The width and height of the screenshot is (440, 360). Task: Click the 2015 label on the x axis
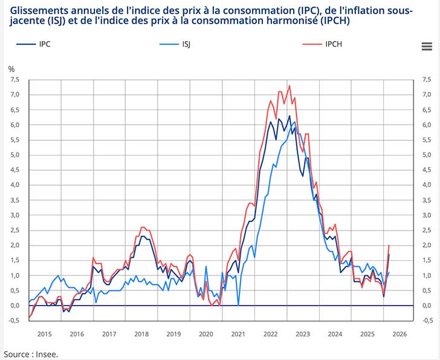pos(44,334)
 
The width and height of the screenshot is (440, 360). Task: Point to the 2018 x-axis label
pos(141,334)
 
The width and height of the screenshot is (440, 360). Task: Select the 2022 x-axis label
pos(270,334)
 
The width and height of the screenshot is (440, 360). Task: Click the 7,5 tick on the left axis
pos(15,79)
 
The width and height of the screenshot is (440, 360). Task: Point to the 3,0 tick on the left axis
pos(15,215)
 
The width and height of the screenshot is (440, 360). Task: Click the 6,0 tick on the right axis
pos(427,125)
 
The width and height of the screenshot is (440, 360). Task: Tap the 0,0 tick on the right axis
pos(427,306)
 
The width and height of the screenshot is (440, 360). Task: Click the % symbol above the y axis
pos(11,68)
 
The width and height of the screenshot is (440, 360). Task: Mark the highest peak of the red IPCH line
pos(290,85)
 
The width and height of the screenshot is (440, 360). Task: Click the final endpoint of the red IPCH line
pos(389,245)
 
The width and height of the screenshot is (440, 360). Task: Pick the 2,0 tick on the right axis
pos(427,245)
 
